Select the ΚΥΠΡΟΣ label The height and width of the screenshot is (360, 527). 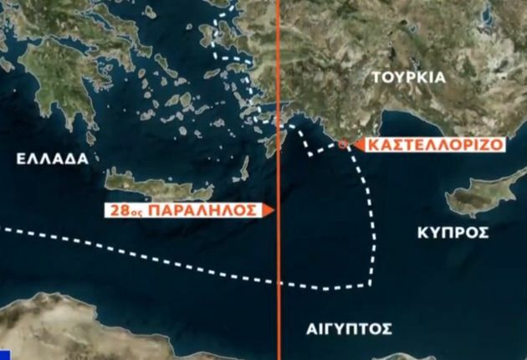click(x=453, y=233)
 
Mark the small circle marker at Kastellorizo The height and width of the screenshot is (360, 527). click(x=343, y=145)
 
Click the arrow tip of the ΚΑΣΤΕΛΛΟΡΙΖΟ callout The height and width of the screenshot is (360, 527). click(x=351, y=145)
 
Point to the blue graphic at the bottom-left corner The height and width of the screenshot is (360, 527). click(x=4, y=352)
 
